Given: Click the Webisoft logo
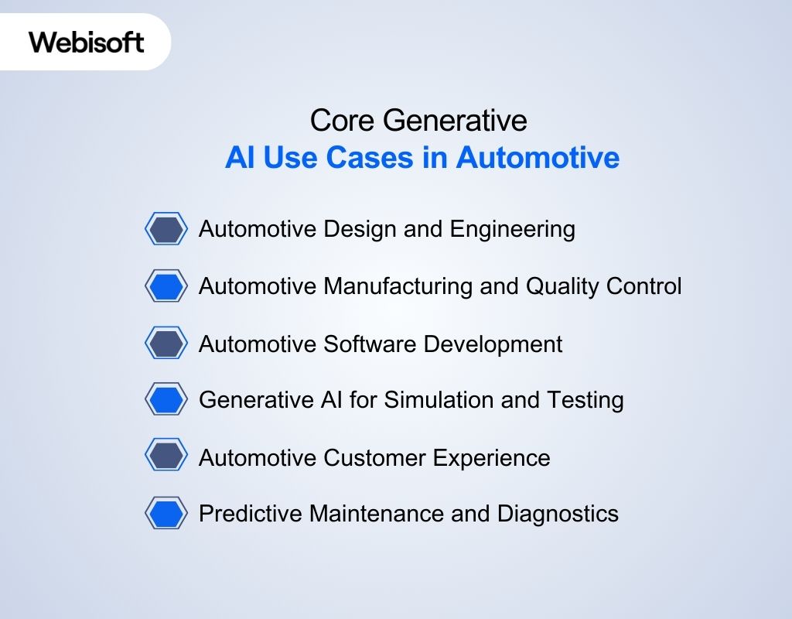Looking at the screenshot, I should (x=87, y=42).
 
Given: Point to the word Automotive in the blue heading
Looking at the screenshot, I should (x=538, y=158).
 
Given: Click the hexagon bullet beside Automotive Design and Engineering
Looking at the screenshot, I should (x=166, y=230).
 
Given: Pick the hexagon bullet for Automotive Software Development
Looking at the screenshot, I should (x=166, y=344).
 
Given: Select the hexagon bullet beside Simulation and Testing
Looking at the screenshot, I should (x=166, y=400).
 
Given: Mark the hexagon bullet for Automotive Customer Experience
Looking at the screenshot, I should (x=166, y=457).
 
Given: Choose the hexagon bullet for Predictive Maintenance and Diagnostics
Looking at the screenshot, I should (x=166, y=514).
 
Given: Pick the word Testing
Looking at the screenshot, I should (x=585, y=400).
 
